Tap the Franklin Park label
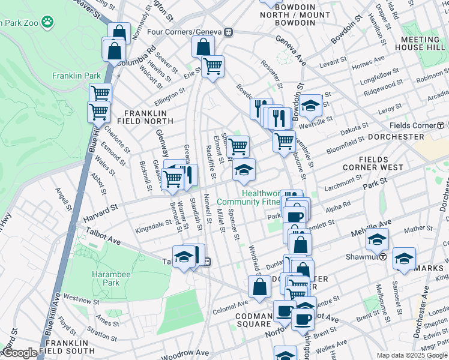click(x=76, y=76)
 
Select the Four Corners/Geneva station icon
click(x=229, y=32)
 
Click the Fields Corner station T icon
click(x=441, y=125)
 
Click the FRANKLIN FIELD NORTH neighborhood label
click(x=148, y=117)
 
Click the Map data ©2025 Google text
click(x=412, y=355)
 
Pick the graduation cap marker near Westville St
click(x=310, y=106)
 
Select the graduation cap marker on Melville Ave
click(x=376, y=239)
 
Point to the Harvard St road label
click(x=100, y=210)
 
